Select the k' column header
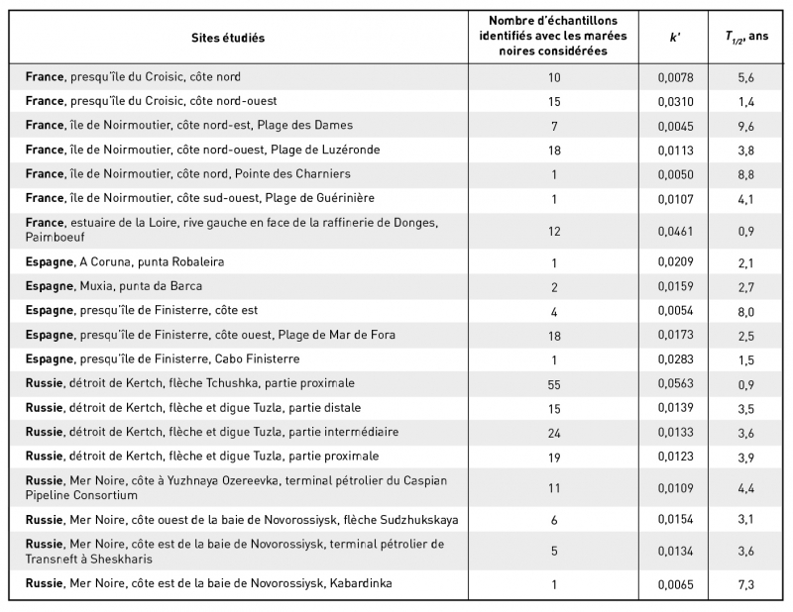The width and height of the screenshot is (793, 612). coord(673,38)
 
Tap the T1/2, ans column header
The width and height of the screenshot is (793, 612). coord(744,38)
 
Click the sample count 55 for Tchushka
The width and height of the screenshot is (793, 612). coord(554,383)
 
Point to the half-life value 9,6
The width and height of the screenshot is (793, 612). coord(744,126)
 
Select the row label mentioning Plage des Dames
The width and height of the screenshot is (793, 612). coord(189,126)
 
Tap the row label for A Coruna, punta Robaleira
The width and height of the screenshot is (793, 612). coord(125,262)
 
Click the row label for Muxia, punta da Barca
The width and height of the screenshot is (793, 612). coord(115,286)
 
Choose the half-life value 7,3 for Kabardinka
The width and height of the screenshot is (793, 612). coord(744,584)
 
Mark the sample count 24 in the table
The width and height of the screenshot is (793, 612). coord(554,432)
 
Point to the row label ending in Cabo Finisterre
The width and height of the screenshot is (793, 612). coord(163,358)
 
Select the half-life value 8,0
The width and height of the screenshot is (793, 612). coord(744,311)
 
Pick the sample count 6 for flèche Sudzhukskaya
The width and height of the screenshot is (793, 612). coord(554,520)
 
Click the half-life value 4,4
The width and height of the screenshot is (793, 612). coord(744,488)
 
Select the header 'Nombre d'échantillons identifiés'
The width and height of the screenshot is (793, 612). coord(554,38)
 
